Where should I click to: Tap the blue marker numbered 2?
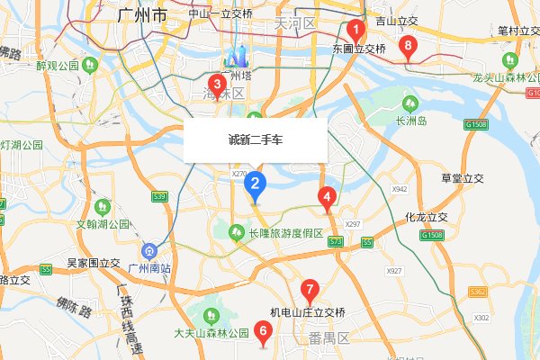point(256,184)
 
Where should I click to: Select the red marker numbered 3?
point(216,85)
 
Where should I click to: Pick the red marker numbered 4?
point(327,196)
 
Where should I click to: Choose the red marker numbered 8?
point(409,45)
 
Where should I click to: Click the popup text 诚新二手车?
point(255,140)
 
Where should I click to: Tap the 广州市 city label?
point(142,16)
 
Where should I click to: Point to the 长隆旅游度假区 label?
point(285,234)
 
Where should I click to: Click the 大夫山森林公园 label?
point(211,333)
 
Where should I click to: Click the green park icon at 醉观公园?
point(90,66)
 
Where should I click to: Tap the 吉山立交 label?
point(397,19)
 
